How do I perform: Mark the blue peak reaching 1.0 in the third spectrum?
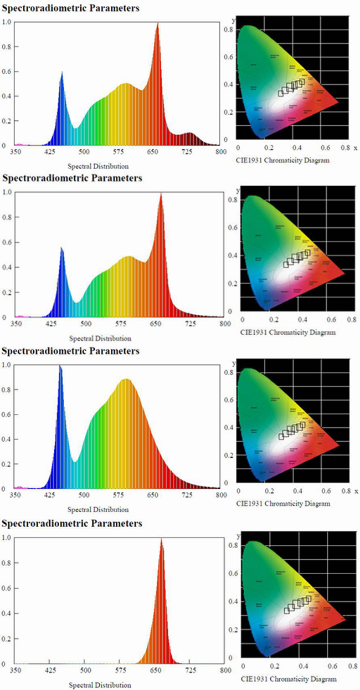[60, 366]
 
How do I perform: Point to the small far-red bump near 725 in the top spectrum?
[190, 134]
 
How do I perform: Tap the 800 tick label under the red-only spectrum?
[221, 671]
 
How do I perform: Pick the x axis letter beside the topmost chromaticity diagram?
[356, 149]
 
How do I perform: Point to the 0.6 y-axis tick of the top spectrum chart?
[7, 71]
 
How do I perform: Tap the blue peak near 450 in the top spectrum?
[62, 72]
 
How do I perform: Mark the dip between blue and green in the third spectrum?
[75, 461]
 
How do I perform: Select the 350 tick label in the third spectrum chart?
[17, 495]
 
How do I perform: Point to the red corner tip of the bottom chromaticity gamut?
[344, 619]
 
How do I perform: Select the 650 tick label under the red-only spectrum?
[153, 671]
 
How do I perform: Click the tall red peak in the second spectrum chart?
[161, 194]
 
